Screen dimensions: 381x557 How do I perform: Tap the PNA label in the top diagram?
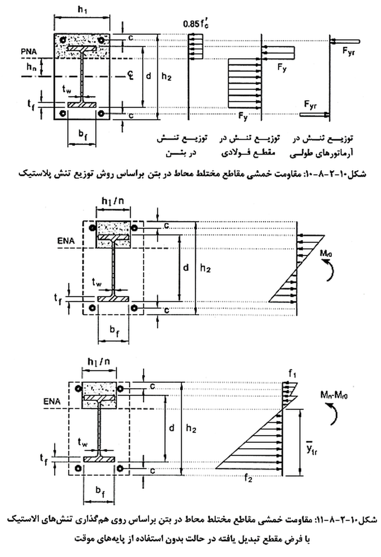[x=29, y=51]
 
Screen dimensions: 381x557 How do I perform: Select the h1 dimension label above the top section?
[x=82, y=10]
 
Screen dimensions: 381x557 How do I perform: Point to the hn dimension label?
[x=31, y=67]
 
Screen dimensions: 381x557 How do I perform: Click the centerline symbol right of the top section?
[x=130, y=76]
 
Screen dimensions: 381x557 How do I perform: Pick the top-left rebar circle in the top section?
[x=63, y=40]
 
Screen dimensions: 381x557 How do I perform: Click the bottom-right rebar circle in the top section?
[x=101, y=114]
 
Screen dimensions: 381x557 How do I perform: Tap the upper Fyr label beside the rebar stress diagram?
[x=348, y=52]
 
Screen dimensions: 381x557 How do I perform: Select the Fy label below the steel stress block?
[x=243, y=116]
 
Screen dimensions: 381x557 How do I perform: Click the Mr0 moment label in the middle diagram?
[x=326, y=254]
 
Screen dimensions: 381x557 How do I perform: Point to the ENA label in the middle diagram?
[x=66, y=241]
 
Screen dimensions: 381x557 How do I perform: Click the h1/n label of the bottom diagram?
[x=99, y=362]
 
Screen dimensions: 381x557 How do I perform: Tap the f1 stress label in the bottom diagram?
[x=293, y=374]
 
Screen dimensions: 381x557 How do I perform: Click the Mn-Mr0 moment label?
[x=334, y=395]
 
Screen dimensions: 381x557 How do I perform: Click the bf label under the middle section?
[x=114, y=331]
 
